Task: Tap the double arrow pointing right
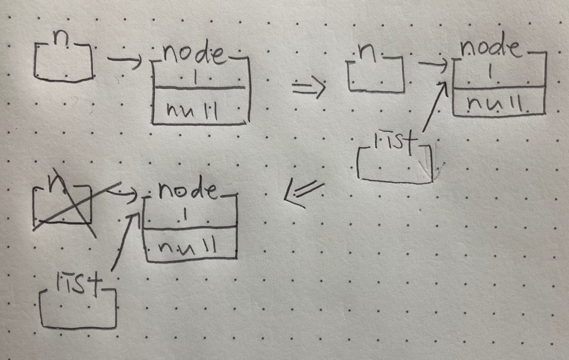[x=309, y=89]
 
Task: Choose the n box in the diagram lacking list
[x=63, y=60]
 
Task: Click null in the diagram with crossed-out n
[x=188, y=244]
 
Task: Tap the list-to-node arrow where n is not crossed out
[x=434, y=107]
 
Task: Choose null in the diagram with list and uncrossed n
[x=496, y=104]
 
